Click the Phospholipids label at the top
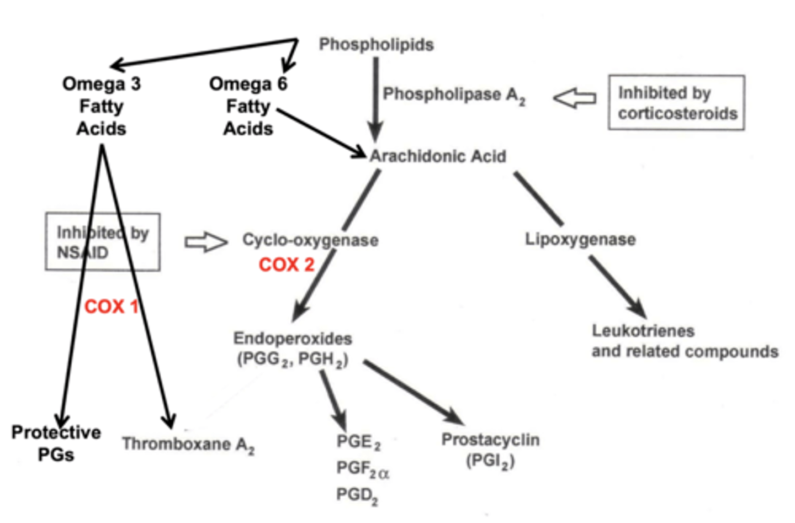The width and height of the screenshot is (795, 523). click(x=376, y=44)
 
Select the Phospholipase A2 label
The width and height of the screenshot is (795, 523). click(x=453, y=95)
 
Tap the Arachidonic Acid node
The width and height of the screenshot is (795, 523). click(x=437, y=156)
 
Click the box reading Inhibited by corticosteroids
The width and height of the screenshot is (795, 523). click(x=676, y=103)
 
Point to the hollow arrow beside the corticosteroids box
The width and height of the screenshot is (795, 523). click(x=574, y=98)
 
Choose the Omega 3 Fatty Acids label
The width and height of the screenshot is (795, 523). click(x=101, y=106)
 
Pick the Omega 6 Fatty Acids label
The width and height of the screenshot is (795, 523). click(x=248, y=106)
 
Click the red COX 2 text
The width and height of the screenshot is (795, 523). click(x=286, y=265)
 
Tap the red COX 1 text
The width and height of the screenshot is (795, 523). click(x=110, y=306)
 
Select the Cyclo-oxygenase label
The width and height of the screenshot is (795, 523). click(x=310, y=240)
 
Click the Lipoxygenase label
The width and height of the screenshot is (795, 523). click(x=580, y=239)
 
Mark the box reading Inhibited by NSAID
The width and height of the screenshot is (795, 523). click(x=103, y=242)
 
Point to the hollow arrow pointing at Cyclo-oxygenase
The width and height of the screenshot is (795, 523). click(x=205, y=242)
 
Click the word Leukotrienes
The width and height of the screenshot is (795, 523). click(x=643, y=331)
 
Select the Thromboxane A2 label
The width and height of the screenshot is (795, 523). click(x=188, y=445)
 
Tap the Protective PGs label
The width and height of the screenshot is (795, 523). click(x=56, y=443)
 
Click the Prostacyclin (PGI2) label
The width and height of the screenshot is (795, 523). click(x=490, y=450)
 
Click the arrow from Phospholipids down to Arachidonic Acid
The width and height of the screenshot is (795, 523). click(x=375, y=99)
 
